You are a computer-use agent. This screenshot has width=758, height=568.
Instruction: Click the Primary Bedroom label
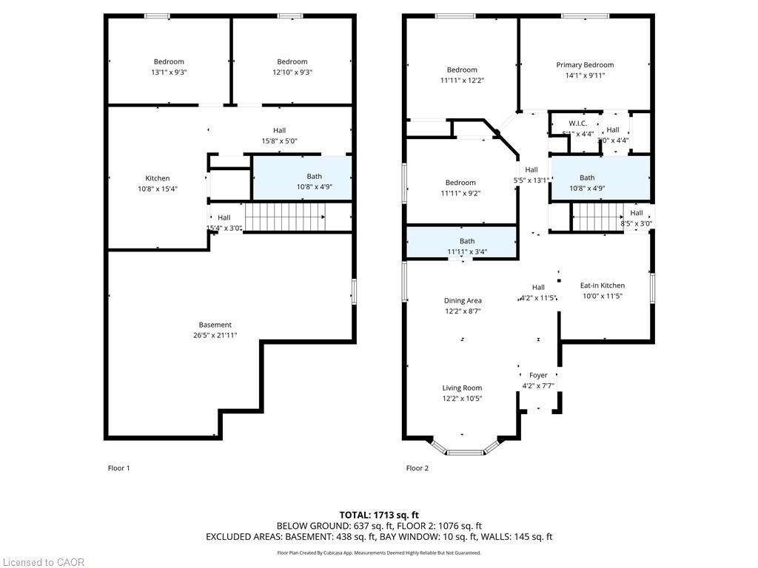pos(585,65)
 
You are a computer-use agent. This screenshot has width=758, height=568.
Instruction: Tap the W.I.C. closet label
pos(578,123)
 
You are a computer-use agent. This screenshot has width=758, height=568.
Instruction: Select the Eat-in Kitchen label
pos(602,285)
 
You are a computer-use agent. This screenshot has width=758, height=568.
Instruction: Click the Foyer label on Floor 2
pos(538,375)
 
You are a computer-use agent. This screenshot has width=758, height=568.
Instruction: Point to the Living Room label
pos(462,388)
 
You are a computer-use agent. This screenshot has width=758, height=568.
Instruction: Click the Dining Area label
pos(463,300)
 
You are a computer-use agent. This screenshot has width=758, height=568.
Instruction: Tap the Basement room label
pos(215,325)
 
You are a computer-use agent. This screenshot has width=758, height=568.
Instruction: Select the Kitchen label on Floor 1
pos(157,178)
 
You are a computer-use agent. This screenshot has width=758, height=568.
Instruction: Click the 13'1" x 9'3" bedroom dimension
pos(169,72)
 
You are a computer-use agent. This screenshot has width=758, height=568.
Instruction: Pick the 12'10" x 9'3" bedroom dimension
pos(292,72)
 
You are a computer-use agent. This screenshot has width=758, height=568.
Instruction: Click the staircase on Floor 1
pos(285,218)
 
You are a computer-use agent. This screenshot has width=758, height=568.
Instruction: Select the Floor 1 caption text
pos(119,468)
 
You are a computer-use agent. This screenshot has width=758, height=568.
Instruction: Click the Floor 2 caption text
pos(417,468)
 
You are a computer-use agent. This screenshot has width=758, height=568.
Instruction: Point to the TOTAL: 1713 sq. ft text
pos(379,515)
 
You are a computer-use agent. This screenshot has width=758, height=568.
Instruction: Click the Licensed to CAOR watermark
pos(43,562)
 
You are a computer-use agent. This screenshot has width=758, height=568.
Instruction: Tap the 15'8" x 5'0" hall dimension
pos(279,141)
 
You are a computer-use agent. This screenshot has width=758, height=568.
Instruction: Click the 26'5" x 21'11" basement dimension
pos(215,335)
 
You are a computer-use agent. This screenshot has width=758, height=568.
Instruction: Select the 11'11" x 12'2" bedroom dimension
pos(462,81)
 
